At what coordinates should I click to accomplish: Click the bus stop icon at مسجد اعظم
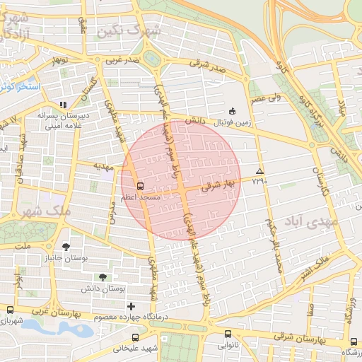139,186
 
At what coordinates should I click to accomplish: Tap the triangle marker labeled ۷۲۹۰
260,172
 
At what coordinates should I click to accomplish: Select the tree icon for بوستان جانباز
66,247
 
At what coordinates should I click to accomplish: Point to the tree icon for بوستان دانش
105,276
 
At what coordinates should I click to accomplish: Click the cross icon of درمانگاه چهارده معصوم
131,306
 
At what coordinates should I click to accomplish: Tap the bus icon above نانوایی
228,334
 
